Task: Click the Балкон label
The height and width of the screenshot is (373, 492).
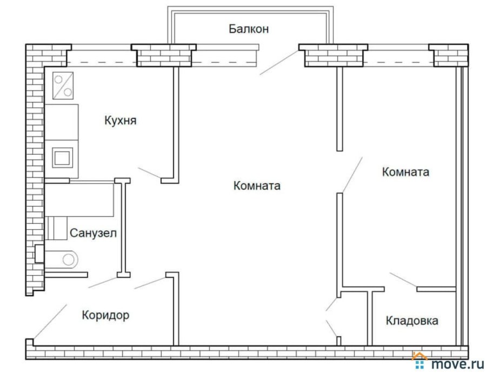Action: pyautogui.click(x=248, y=29)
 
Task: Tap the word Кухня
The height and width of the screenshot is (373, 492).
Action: pyautogui.click(x=120, y=121)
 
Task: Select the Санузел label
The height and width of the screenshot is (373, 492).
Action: pyautogui.click(x=93, y=233)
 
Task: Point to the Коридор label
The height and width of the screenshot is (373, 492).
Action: pyautogui.click(x=105, y=315)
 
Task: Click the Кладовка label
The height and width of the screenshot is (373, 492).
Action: pyautogui.click(x=412, y=321)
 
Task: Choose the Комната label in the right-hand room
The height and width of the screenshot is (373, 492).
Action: pyautogui.click(x=405, y=172)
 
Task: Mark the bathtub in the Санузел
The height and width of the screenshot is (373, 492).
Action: pyautogui.click(x=78, y=200)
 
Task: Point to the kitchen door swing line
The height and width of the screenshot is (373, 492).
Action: pyautogui.click(x=149, y=174)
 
